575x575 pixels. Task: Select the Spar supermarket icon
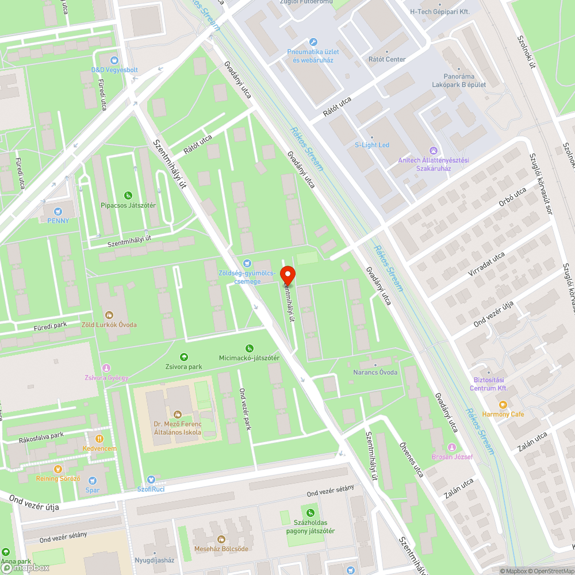92,481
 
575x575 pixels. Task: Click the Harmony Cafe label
503,414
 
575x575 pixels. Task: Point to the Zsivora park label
184,366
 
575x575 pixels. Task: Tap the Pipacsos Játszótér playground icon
128,195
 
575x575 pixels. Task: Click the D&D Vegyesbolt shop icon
114,60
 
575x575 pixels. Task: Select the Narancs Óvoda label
375,372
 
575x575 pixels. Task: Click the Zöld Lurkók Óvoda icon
109,315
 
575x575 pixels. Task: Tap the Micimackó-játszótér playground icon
249,348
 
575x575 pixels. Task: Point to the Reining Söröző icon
58,469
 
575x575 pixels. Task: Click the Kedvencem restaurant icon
99,439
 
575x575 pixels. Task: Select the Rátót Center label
387,59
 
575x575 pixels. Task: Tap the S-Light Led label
371,144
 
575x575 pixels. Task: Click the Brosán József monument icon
452,447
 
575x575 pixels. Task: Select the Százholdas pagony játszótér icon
311,513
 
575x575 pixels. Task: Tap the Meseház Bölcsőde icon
221,539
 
